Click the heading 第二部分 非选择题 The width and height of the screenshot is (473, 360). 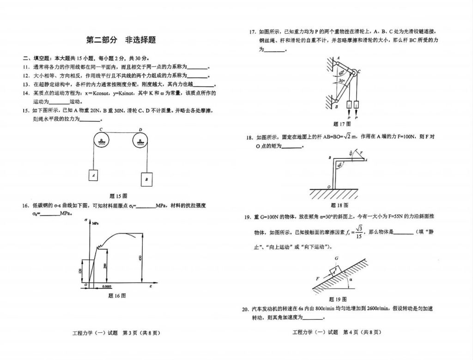point(121,40)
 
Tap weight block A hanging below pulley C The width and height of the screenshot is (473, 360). point(94,175)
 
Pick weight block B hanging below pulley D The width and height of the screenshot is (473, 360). point(146,179)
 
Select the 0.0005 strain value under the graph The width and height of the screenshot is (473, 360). point(107,287)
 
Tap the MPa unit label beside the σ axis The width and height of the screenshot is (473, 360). point(96,223)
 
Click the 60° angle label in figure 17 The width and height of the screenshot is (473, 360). point(341,73)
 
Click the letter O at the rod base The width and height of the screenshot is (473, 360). point(328,186)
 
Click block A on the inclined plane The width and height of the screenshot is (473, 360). point(334,269)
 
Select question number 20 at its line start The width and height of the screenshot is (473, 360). point(246,309)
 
